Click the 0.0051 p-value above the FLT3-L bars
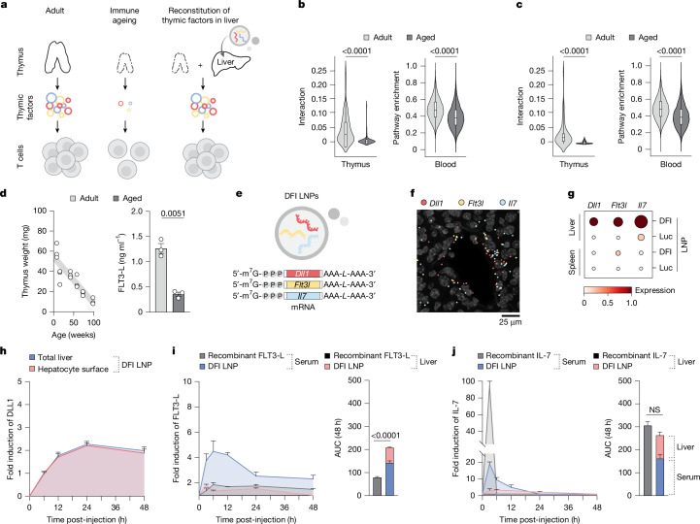pyautogui.click(x=173, y=213)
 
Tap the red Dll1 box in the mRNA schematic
pyautogui.click(x=304, y=273)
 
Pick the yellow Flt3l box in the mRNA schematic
pyautogui.click(x=304, y=284)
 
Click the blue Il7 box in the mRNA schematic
pyautogui.click(x=304, y=295)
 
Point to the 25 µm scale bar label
pyautogui.click(x=510, y=322)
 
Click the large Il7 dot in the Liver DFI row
pyautogui.click(x=641, y=221)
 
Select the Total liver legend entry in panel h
pyautogui.click(x=50, y=357)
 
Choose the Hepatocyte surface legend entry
pyautogui.click(x=69, y=369)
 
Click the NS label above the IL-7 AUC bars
pyautogui.click(x=654, y=410)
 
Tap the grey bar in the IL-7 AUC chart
pyautogui.click(x=648, y=460)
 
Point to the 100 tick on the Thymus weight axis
pyautogui.click(x=41, y=211)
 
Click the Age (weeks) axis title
pyautogui.click(x=74, y=335)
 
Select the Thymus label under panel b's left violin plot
pyautogui.click(x=355, y=164)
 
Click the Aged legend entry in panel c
pyautogui.click(x=644, y=38)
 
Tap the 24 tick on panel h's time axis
pyautogui.click(x=86, y=508)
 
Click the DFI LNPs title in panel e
pyautogui.click(x=301, y=195)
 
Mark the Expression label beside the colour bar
pyautogui.click(x=655, y=290)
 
